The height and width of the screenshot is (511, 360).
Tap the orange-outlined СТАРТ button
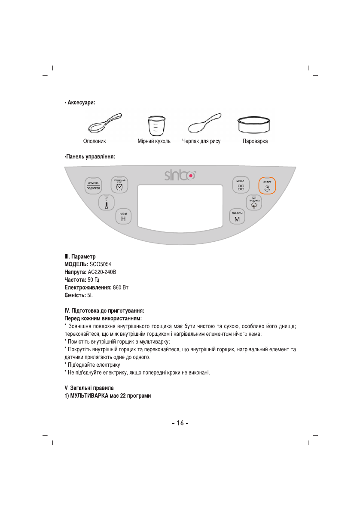[x=267, y=186]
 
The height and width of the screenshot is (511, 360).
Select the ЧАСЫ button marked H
[x=123, y=217]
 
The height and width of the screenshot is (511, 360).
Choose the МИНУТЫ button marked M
[x=237, y=217]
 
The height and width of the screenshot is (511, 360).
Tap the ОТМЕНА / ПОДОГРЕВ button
[x=93, y=186]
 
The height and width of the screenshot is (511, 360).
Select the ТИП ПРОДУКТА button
[x=254, y=202]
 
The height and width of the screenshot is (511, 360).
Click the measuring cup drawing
[x=154, y=125]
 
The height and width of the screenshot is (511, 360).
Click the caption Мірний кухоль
[x=154, y=141]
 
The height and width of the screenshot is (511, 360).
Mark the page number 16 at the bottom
[x=180, y=423]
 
